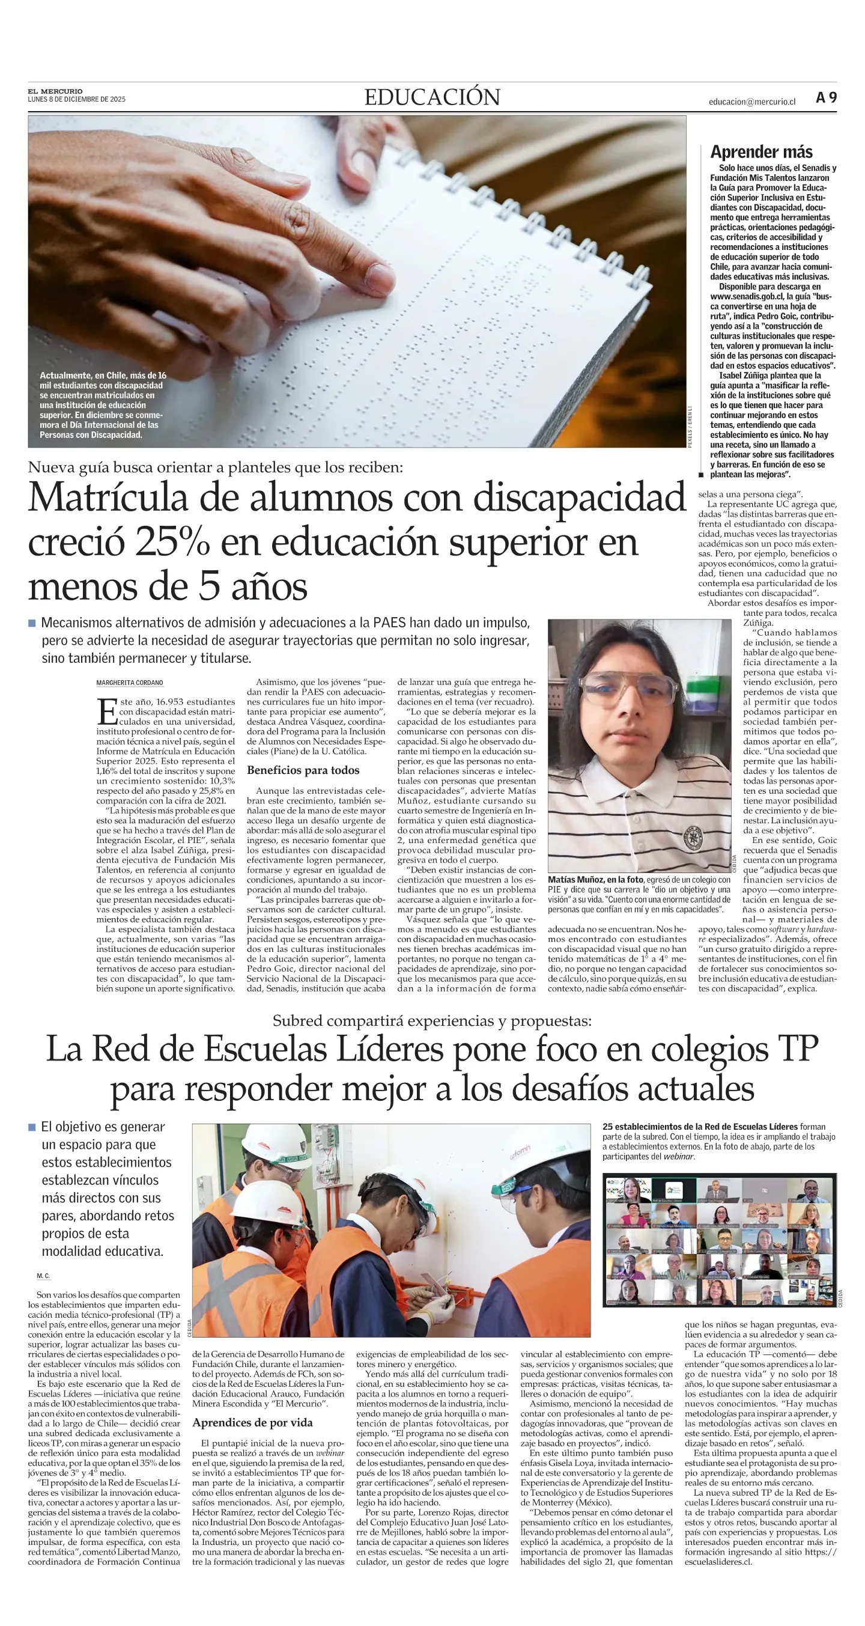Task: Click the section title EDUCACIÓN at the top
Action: point(432,97)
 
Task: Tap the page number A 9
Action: point(826,98)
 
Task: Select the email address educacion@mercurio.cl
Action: point(751,102)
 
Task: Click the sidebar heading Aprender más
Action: point(761,151)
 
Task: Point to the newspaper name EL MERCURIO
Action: point(55,91)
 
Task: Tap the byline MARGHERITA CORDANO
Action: point(129,683)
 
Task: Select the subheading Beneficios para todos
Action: point(303,770)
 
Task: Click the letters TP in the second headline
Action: point(798,1049)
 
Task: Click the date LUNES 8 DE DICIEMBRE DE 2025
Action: point(76,99)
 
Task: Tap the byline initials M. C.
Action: point(43,1276)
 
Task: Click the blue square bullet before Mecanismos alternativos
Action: point(32,623)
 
